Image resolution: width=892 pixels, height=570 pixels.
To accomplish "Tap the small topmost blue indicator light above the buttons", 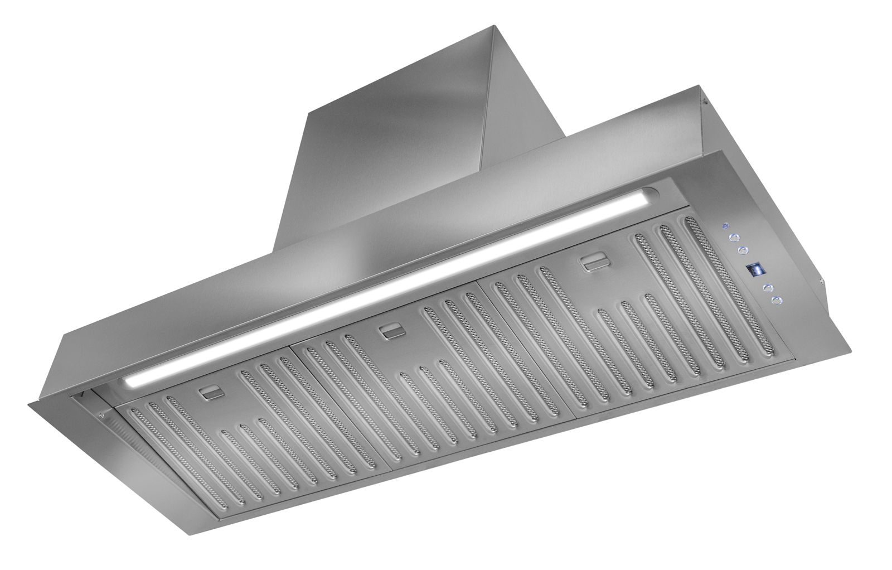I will coord(724,226).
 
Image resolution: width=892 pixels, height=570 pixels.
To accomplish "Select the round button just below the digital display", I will coord(768,288).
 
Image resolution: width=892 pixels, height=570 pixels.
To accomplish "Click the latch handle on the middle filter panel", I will coord(389,333).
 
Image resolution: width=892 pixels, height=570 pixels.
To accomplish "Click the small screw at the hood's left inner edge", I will coord(101,414).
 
